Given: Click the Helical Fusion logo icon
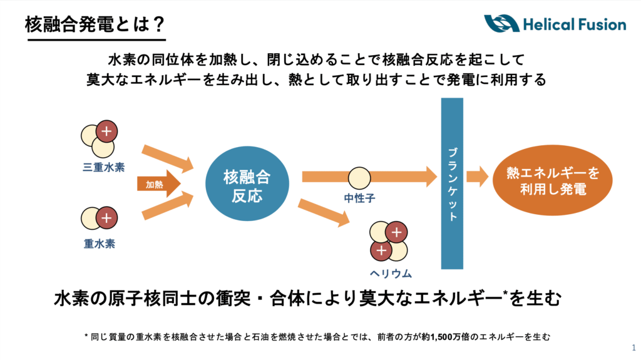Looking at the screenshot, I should (501, 24).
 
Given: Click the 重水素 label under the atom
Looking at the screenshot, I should (100, 244).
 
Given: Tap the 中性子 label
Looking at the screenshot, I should (359, 198).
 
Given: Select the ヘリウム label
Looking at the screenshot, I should (390, 274).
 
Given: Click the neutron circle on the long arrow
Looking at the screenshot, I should (359, 178).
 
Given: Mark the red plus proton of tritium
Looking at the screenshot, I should (108, 131).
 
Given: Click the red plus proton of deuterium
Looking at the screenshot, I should (107, 218).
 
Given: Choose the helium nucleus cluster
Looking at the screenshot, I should (388, 242).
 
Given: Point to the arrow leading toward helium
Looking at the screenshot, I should (323, 212).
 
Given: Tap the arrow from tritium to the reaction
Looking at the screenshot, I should (168, 158).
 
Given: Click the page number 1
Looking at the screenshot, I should (633, 347).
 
